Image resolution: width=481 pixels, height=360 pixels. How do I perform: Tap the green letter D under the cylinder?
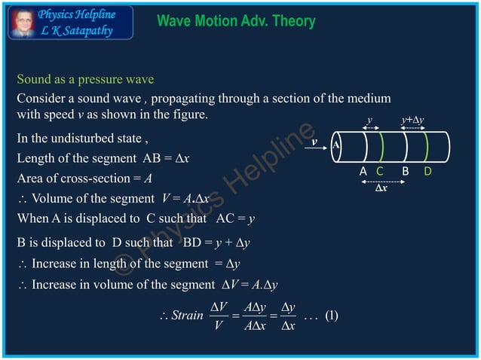coord(427,172)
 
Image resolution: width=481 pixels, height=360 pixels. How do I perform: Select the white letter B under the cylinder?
coord(405,172)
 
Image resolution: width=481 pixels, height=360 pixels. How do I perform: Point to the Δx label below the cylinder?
coord(382,188)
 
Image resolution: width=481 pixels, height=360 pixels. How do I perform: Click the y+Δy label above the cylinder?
coord(413,121)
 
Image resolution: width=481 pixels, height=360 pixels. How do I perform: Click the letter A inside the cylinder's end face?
coord(336,145)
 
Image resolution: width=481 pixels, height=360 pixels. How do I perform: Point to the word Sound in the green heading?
coord(33,79)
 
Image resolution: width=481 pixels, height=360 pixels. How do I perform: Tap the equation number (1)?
coord(331,316)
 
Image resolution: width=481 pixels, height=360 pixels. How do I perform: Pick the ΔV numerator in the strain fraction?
coord(219,306)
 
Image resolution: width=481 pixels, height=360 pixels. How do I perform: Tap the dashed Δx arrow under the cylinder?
coord(382,181)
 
